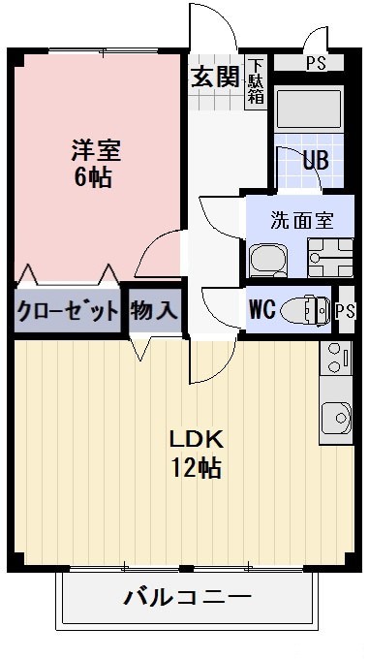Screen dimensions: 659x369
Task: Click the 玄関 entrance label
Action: click(x=214, y=78)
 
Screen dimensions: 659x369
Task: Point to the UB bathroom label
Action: click(x=315, y=161)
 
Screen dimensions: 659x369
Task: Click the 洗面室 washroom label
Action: click(x=301, y=219)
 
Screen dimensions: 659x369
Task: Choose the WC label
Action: click(x=263, y=310)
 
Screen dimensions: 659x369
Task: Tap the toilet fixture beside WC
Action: click(x=308, y=309)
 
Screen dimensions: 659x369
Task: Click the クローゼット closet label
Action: click(x=68, y=311)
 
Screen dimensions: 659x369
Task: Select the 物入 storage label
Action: click(x=154, y=311)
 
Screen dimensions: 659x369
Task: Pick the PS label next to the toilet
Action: click(x=346, y=310)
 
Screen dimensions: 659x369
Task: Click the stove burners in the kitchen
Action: click(x=338, y=357)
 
